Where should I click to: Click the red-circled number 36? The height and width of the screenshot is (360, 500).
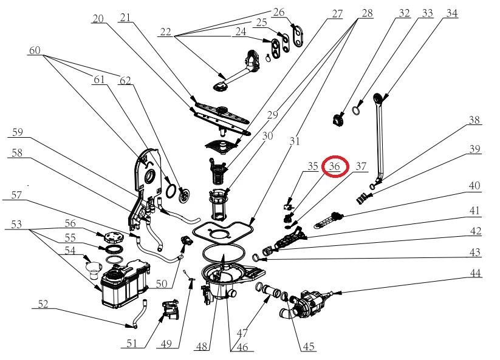(335, 166)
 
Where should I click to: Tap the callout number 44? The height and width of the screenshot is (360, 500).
(475, 273)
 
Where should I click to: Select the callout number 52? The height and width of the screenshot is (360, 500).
(43, 304)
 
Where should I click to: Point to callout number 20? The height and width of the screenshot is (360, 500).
(98, 19)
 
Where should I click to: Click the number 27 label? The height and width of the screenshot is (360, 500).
(337, 14)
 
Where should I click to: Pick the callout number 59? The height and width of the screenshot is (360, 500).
(17, 132)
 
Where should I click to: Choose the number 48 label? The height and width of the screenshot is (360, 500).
(202, 346)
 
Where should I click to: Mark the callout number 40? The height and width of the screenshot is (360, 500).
(474, 186)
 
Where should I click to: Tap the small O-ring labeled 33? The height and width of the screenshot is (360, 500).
(356, 110)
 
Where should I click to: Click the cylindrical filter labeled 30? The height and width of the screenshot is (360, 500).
(219, 205)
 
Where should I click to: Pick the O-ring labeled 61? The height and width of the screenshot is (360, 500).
(171, 191)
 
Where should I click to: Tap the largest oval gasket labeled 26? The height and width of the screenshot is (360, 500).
(298, 35)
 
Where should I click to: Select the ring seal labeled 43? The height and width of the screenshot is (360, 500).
(256, 257)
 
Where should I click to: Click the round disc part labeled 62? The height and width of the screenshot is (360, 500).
(184, 195)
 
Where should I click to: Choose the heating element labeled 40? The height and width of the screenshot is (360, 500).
(329, 220)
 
